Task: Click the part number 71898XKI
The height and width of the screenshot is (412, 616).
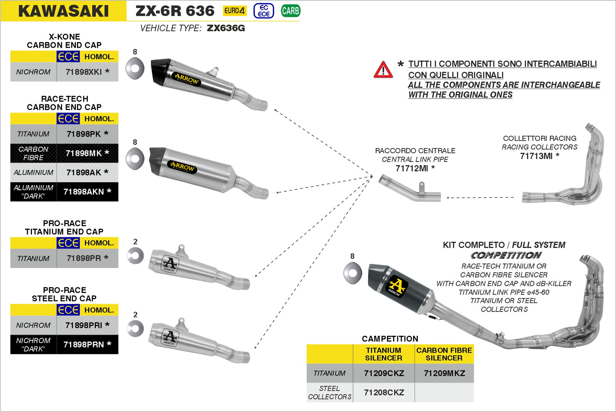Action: [x=84, y=72]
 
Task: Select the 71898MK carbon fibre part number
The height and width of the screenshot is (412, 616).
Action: [x=84, y=153]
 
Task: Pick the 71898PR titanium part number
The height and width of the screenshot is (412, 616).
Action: [x=84, y=258]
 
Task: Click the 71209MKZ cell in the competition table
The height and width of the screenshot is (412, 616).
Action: [x=444, y=373]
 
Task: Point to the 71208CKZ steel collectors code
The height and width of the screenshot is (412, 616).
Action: [x=384, y=392]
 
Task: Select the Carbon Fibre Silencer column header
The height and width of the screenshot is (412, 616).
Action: [x=444, y=354]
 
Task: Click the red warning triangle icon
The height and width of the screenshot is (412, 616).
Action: [x=383, y=70]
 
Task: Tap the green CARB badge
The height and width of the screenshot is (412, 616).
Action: [x=290, y=11]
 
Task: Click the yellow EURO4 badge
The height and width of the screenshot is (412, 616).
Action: [x=234, y=11]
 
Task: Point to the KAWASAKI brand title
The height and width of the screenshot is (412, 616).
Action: [x=64, y=11]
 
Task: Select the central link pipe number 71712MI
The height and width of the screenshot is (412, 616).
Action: [x=412, y=168]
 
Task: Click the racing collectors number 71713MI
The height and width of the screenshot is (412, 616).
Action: [x=536, y=156]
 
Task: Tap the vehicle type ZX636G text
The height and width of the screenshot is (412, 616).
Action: [x=226, y=28]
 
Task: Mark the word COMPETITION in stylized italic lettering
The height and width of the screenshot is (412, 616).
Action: [x=506, y=255]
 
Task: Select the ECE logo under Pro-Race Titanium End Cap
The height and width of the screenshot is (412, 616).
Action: [x=68, y=243]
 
